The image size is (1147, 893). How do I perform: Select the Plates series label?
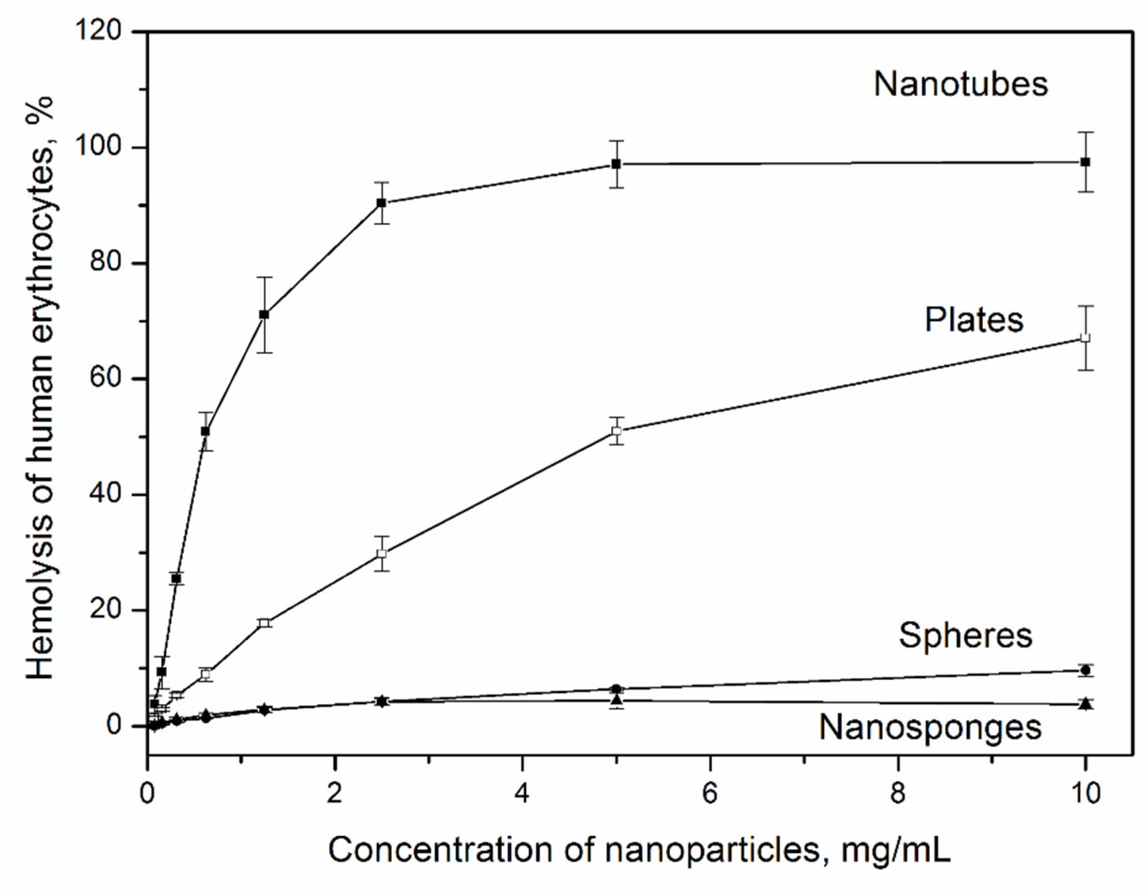[x=974, y=319]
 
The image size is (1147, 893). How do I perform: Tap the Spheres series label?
[x=965, y=635]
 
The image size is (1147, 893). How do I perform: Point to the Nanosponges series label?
[x=930, y=728]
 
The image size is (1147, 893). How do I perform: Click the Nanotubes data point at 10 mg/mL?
[x=1085, y=162]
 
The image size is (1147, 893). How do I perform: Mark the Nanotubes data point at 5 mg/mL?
[x=616, y=164]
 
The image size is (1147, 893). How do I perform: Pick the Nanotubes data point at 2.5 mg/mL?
[x=382, y=203]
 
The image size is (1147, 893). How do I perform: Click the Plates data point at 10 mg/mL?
[x=1085, y=338]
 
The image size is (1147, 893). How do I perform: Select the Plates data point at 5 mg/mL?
[x=617, y=431]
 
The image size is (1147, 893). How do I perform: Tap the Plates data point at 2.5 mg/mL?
[x=382, y=553]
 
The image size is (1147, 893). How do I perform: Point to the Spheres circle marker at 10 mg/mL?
[x=1085, y=670]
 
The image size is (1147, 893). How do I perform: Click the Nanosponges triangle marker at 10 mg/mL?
[x=1085, y=704]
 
